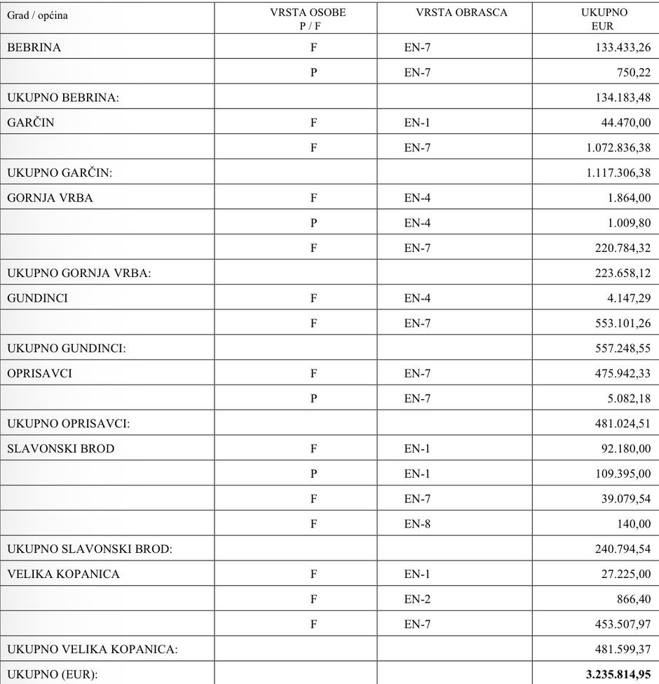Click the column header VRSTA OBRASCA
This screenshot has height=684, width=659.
click(x=461, y=13)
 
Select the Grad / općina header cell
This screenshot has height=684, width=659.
click(x=37, y=15)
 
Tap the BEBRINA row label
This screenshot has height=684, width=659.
click(x=34, y=48)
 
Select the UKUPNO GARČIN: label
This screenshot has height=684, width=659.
click(x=60, y=173)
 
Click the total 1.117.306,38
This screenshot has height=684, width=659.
click(x=618, y=173)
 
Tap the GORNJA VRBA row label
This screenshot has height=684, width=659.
click(x=50, y=198)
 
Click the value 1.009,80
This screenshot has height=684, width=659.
click(x=629, y=223)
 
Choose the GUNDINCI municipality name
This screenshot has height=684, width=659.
click(x=37, y=298)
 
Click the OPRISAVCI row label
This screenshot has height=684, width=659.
click(x=39, y=373)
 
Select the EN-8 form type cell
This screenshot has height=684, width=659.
click(x=417, y=524)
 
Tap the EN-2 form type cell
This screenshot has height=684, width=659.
click(x=417, y=599)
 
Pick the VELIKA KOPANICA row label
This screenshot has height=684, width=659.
click(x=63, y=574)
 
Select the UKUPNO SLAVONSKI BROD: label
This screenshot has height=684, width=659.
click(x=90, y=549)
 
